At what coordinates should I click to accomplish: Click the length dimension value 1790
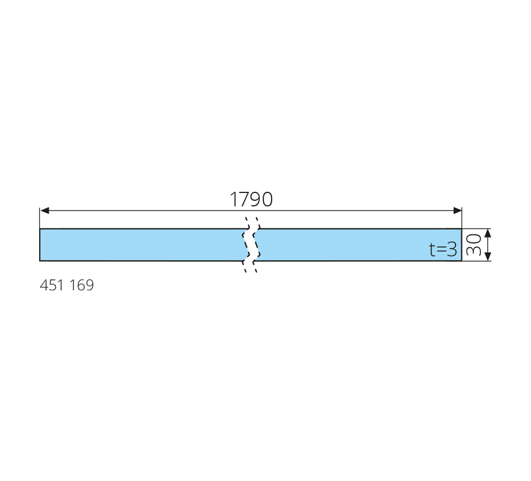pyautogui.click(x=251, y=199)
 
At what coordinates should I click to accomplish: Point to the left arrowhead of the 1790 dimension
pyautogui.click(x=44, y=211)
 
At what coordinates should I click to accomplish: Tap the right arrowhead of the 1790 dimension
pyautogui.click(x=457, y=211)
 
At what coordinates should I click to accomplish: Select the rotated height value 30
pyautogui.click(x=473, y=245)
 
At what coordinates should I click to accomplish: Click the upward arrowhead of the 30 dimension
pyautogui.click(x=487, y=233)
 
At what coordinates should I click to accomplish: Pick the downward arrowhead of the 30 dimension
pyautogui.click(x=487, y=257)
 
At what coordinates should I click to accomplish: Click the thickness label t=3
pyautogui.click(x=443, y=249)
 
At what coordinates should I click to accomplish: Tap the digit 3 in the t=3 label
pyautogui.click(x=452, y=249)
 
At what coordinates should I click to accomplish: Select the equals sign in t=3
pyautogui.click(x=441, y=251)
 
